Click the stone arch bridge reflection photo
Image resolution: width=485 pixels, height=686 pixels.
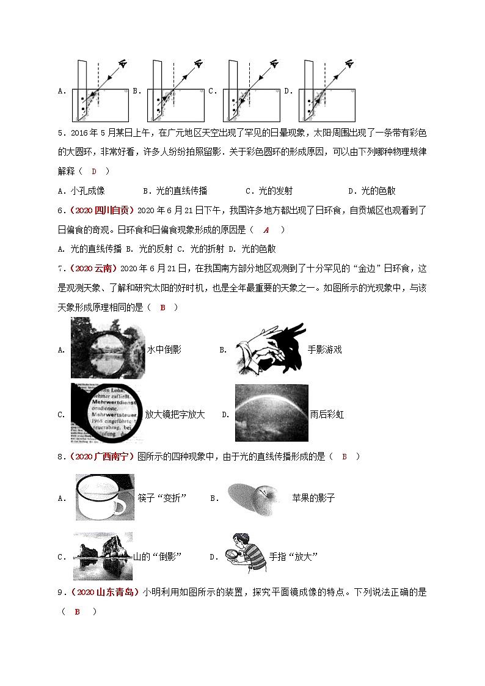point(108,348)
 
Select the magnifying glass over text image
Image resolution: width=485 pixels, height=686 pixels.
point(107,413)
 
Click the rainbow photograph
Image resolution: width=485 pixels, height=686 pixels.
point(271,413)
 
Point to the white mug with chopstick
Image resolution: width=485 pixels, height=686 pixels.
point(100,497)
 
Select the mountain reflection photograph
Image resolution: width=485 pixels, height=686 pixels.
point(102,555)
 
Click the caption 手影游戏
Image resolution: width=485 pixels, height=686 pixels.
point(324,349)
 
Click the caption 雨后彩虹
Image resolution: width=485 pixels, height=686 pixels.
point(327,414)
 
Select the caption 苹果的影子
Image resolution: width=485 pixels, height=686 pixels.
point(313,498)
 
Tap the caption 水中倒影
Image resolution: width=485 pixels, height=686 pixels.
point(164,349)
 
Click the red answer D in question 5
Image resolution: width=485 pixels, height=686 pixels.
point(94,171)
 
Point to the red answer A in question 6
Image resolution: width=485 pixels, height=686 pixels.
point(266,230)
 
